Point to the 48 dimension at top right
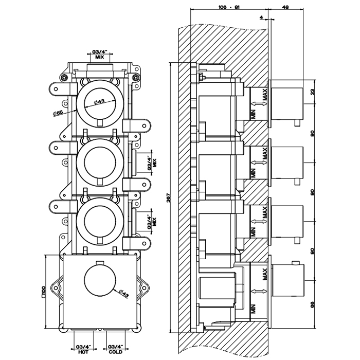click(x=286, y=7)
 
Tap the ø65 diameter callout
click(x=58, y=113)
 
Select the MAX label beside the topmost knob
click(x=265, y=96)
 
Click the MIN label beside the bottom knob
click(x=253, y=310)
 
